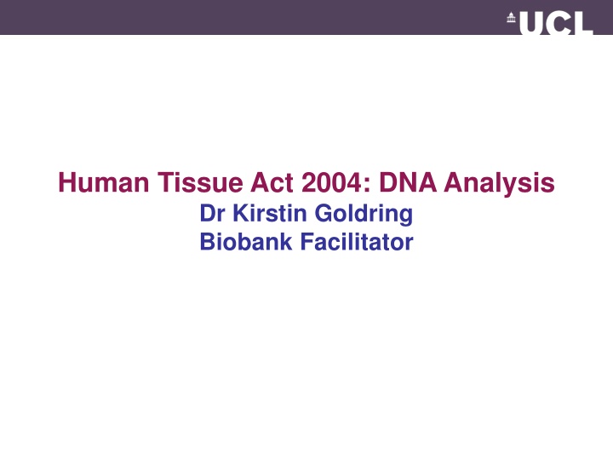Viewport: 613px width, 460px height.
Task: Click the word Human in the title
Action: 104,182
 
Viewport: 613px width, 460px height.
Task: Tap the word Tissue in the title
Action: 201,182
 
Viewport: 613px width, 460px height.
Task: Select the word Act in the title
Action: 272,182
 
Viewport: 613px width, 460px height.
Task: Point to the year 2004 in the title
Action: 332,182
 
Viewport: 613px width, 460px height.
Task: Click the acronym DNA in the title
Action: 408,182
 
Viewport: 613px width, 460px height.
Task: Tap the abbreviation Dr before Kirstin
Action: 212,213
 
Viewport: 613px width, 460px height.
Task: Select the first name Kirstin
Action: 270,213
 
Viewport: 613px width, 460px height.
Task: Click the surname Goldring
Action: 364,215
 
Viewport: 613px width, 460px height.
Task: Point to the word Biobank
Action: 246,242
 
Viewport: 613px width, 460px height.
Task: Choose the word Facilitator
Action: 357,242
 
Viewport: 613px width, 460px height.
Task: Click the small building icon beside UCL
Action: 512,18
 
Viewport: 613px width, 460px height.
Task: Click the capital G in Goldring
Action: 324,213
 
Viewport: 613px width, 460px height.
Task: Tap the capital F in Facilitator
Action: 306,242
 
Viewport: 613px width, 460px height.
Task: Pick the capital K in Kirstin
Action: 242,213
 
